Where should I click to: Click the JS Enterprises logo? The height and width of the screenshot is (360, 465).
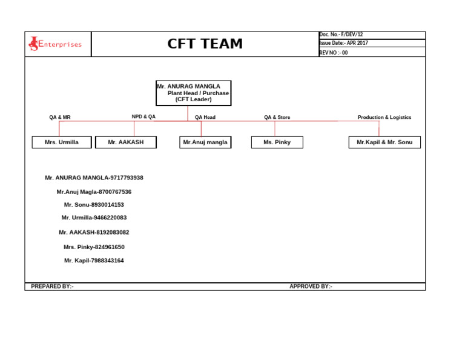click(55, 44)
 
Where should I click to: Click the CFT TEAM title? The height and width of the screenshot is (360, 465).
click(205, 44)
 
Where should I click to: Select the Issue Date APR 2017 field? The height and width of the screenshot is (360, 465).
click(343, 44)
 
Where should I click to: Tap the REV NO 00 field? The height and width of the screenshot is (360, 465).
click(334, 53)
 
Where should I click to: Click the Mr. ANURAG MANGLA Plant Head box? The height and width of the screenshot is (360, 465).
click(193, 93)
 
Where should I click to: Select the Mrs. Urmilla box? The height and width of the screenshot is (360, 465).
click(62, 142)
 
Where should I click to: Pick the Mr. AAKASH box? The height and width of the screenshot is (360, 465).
click(126, 142)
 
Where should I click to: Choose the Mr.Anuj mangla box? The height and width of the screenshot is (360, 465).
click(205, 142)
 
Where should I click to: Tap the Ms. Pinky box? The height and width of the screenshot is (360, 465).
click(277, 142)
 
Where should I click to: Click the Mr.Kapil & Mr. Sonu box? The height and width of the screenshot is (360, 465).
click(384, 142)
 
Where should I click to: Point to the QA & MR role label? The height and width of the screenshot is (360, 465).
click(60, 117)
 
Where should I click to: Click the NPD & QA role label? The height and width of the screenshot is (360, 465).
click(143, 116)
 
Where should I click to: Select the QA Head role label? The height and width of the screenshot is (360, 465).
click(205, 117)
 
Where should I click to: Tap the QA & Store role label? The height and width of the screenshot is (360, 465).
click(277, 117)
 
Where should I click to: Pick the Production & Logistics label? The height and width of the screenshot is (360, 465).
click(384, 117)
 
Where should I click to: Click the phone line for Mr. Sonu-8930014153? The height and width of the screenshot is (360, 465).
click(94, 205)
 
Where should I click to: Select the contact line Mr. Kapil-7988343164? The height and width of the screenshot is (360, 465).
click(94, 261)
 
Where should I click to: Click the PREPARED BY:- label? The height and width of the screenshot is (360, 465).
click(53, 286)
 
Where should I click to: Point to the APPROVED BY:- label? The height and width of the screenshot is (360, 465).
click(311, 286)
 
